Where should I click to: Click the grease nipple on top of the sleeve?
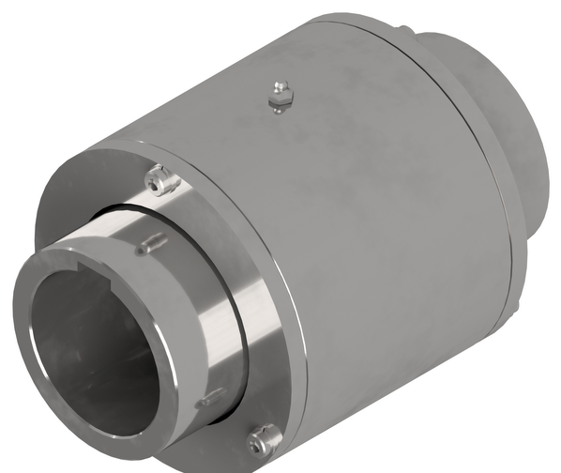coord(279,96)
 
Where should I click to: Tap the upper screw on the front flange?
coord(161,179)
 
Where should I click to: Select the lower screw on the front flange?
coord(264,438)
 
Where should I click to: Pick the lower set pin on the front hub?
coord(212,398)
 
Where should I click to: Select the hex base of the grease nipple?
coord(280,101)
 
